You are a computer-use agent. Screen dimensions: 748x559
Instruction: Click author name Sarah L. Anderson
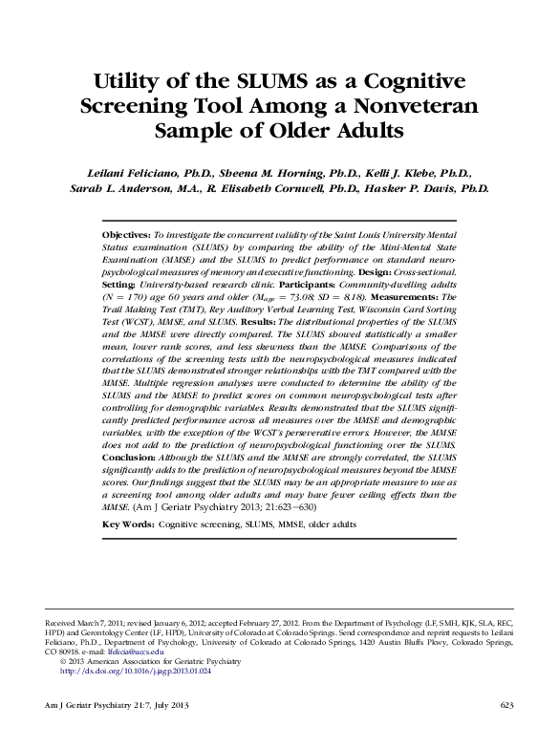(113, 188)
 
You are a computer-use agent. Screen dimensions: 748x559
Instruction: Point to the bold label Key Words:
(127, 524)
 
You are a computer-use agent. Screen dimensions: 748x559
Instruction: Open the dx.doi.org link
(136, 672)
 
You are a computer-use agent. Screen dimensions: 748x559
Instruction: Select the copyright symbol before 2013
(63, 661)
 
